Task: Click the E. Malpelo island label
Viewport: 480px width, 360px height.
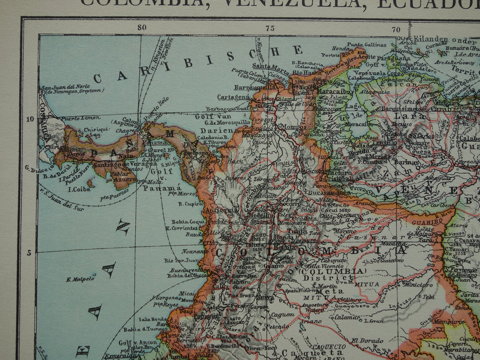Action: [81, 279]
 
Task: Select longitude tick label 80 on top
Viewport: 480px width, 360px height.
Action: [142, 28]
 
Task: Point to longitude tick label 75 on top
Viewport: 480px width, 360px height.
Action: [270, 29]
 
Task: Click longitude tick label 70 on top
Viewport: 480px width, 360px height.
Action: [396, 30]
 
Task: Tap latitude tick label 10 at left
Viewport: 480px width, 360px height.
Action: [30, 119]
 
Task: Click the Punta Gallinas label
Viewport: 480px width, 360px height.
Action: [367, 45]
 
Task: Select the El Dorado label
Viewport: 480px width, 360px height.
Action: [363, 341]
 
